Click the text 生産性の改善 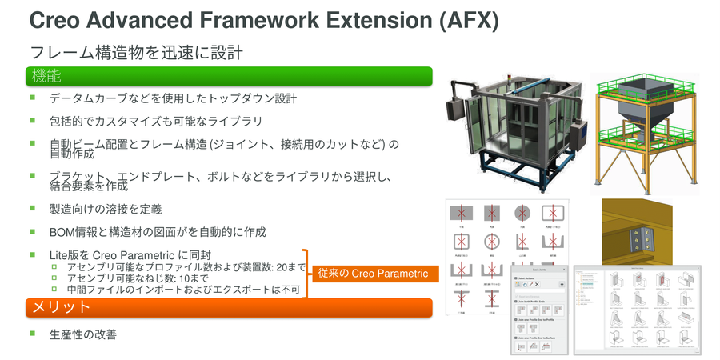(83, 334)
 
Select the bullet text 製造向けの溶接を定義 (106, 210)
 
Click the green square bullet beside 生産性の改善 (34, 333)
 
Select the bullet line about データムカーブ (173, 99)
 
